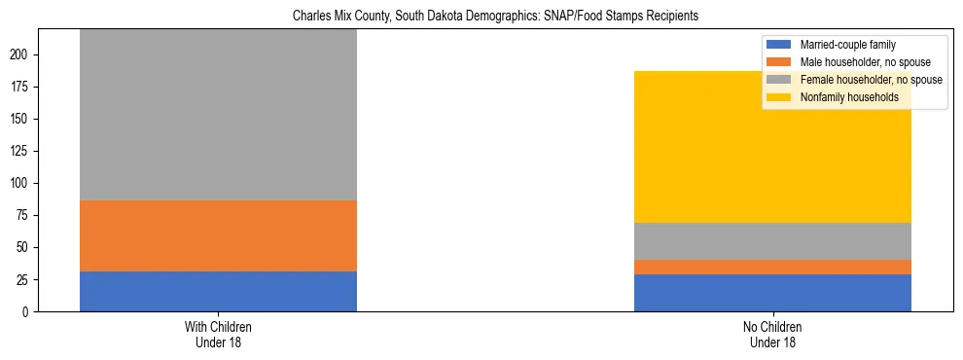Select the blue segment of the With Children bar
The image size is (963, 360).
pyautogui.click(x=218, y=291)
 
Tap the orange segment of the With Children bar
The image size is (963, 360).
pyautogui.click(x=218, y=235)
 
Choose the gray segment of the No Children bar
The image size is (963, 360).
pyautogui.click(x=772, y=241)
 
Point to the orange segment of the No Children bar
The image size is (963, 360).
pyautogui.click(x=772, y=267)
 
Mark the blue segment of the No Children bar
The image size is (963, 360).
pyautogui.click(x=772, y=293)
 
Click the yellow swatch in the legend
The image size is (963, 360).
pyautogui.click(x=780, y=97)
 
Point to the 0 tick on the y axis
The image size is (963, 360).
pyautogui.click(x=28, y=312)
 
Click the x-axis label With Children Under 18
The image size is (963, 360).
pyautogui.click(x=218, y=335)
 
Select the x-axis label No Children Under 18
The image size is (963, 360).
pyautogui.click(x=772, y=335)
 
